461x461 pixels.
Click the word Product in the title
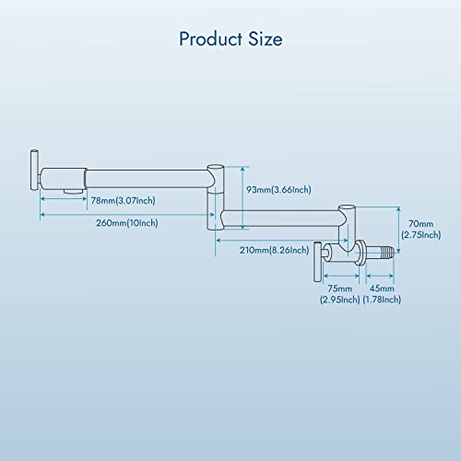(211, 39)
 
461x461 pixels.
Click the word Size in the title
(266, 39)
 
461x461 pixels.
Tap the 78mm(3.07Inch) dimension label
(124, 201)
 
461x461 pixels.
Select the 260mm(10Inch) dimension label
(127, 223)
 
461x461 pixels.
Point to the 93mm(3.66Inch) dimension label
(278, 190)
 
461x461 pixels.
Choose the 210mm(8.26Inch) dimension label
(275, 250)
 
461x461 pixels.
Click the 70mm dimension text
(420, 224)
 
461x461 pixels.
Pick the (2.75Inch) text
(421, 235)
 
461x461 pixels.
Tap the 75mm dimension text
(339, 289)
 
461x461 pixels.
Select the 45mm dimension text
(382, 289)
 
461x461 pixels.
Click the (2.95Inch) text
(339, 300)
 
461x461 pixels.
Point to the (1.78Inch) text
(382, 300)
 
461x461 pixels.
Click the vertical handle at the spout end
(34, 170)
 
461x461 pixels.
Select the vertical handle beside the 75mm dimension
(317, 262)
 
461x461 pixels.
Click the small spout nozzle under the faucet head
(73, 191)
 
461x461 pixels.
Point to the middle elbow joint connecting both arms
(216, 197)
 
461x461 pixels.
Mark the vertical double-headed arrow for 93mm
(243, 197)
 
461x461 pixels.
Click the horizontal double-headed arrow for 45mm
(380, 276)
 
